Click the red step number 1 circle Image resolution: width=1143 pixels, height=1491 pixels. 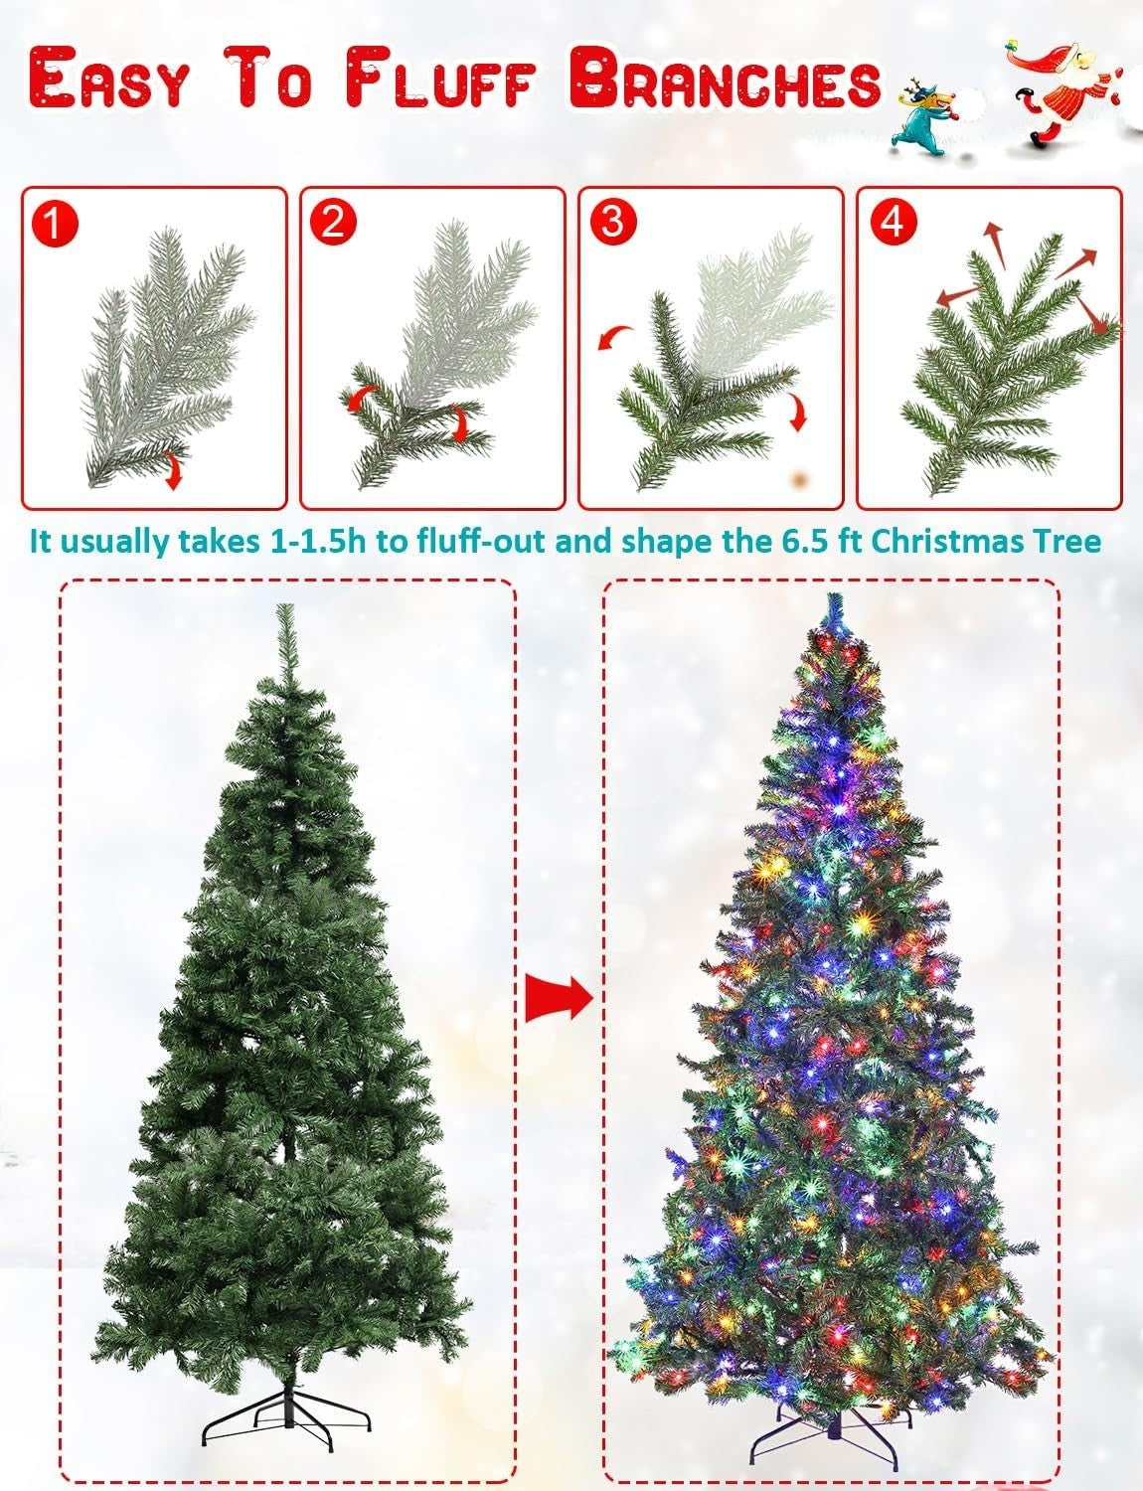pos(56,224)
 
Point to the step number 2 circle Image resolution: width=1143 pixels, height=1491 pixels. pos(333,223)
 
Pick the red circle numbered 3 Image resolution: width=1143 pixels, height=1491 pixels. pos(612,223)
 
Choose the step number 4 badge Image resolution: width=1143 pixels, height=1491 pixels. pos(892,222)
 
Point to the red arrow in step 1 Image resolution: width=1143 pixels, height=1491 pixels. pos(172,469)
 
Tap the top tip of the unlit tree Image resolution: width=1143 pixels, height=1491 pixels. pos(283,606)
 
